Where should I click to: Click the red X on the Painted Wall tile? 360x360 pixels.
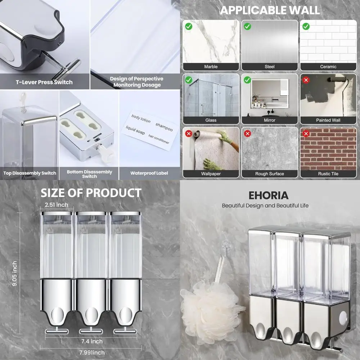(x=306, y=80)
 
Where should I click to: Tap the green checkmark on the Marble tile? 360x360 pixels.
(x=188, y=26)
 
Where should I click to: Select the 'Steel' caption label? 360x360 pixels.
(x=269, y=67)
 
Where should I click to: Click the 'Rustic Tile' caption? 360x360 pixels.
(x=328, y=174)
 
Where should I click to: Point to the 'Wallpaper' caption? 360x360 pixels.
(x=211, y=174)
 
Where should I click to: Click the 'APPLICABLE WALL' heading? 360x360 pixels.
(x=270, y=10)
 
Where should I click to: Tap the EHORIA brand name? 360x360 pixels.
(x=269, y=195)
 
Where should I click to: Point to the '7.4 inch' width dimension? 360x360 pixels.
(x=91, y=341)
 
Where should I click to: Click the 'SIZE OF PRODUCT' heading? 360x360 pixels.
(x=91, y=193)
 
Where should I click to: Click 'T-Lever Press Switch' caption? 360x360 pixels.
(x=44, y=82)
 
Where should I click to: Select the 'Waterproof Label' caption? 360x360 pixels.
(x=149, y=173)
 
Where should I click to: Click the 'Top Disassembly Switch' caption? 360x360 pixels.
(x=30, y=173)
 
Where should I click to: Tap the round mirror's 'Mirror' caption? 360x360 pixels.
(x=269, y=120)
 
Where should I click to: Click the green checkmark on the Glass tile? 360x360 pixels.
(x=188, y=80)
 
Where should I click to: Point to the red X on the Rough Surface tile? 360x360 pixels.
(x=247, y=134)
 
